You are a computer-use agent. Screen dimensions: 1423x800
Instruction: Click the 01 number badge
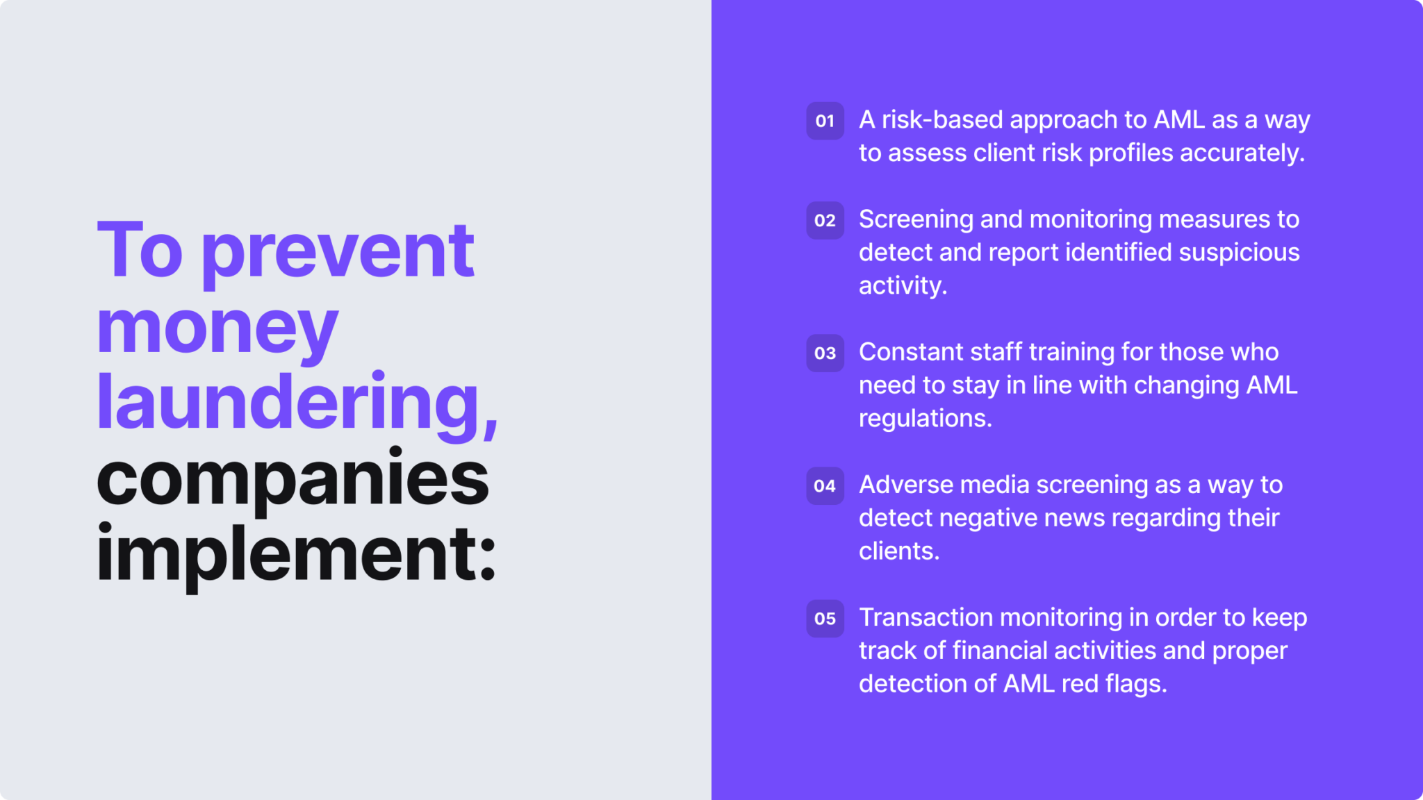pos(825,121)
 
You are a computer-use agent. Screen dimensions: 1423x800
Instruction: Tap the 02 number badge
pos(825,220)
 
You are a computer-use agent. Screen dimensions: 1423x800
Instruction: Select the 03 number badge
pos(825,353)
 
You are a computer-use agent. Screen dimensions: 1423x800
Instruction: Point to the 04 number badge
pos(825,485)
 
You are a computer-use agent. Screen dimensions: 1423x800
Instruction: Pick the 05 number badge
pos(825,618)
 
